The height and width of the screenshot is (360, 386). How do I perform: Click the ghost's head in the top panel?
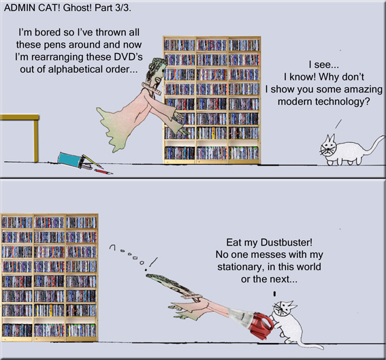point(155,68)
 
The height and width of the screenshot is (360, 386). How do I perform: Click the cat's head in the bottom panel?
point(285,316)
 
